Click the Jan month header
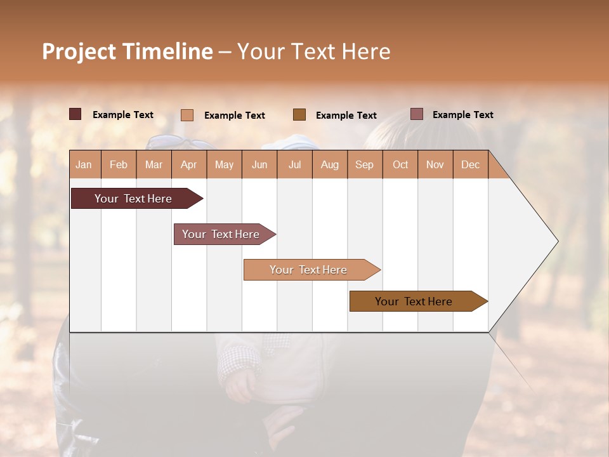click(x=84, y=164)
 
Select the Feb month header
click(x=119, y=164)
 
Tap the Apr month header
click(x=189, y=164)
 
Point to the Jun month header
click(x=259, y=164)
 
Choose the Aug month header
click(x=330, y=164)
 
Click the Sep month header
click(x=364, y=164)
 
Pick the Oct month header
click(x=400, y=164)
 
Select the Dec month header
click(x=470, y=164)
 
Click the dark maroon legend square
click(x=75, y=114)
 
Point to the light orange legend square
click(x=187, y=115)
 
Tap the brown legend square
click(x=299, y=114)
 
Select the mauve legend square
click(x=417, y=114)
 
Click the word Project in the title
click(x=79, y=51)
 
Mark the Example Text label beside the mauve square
click(x=462, y=115)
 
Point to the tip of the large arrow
click(x=556, y=241)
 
